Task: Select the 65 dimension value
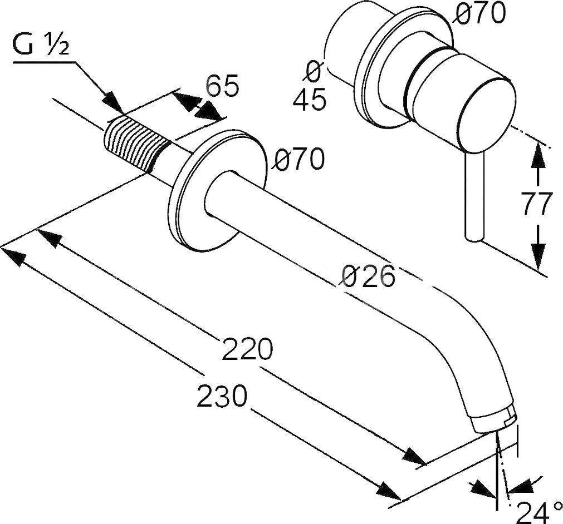[x=222, y=86]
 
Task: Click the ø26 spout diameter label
[x=368, y=276]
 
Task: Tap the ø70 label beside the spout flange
[x=297, y=160]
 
